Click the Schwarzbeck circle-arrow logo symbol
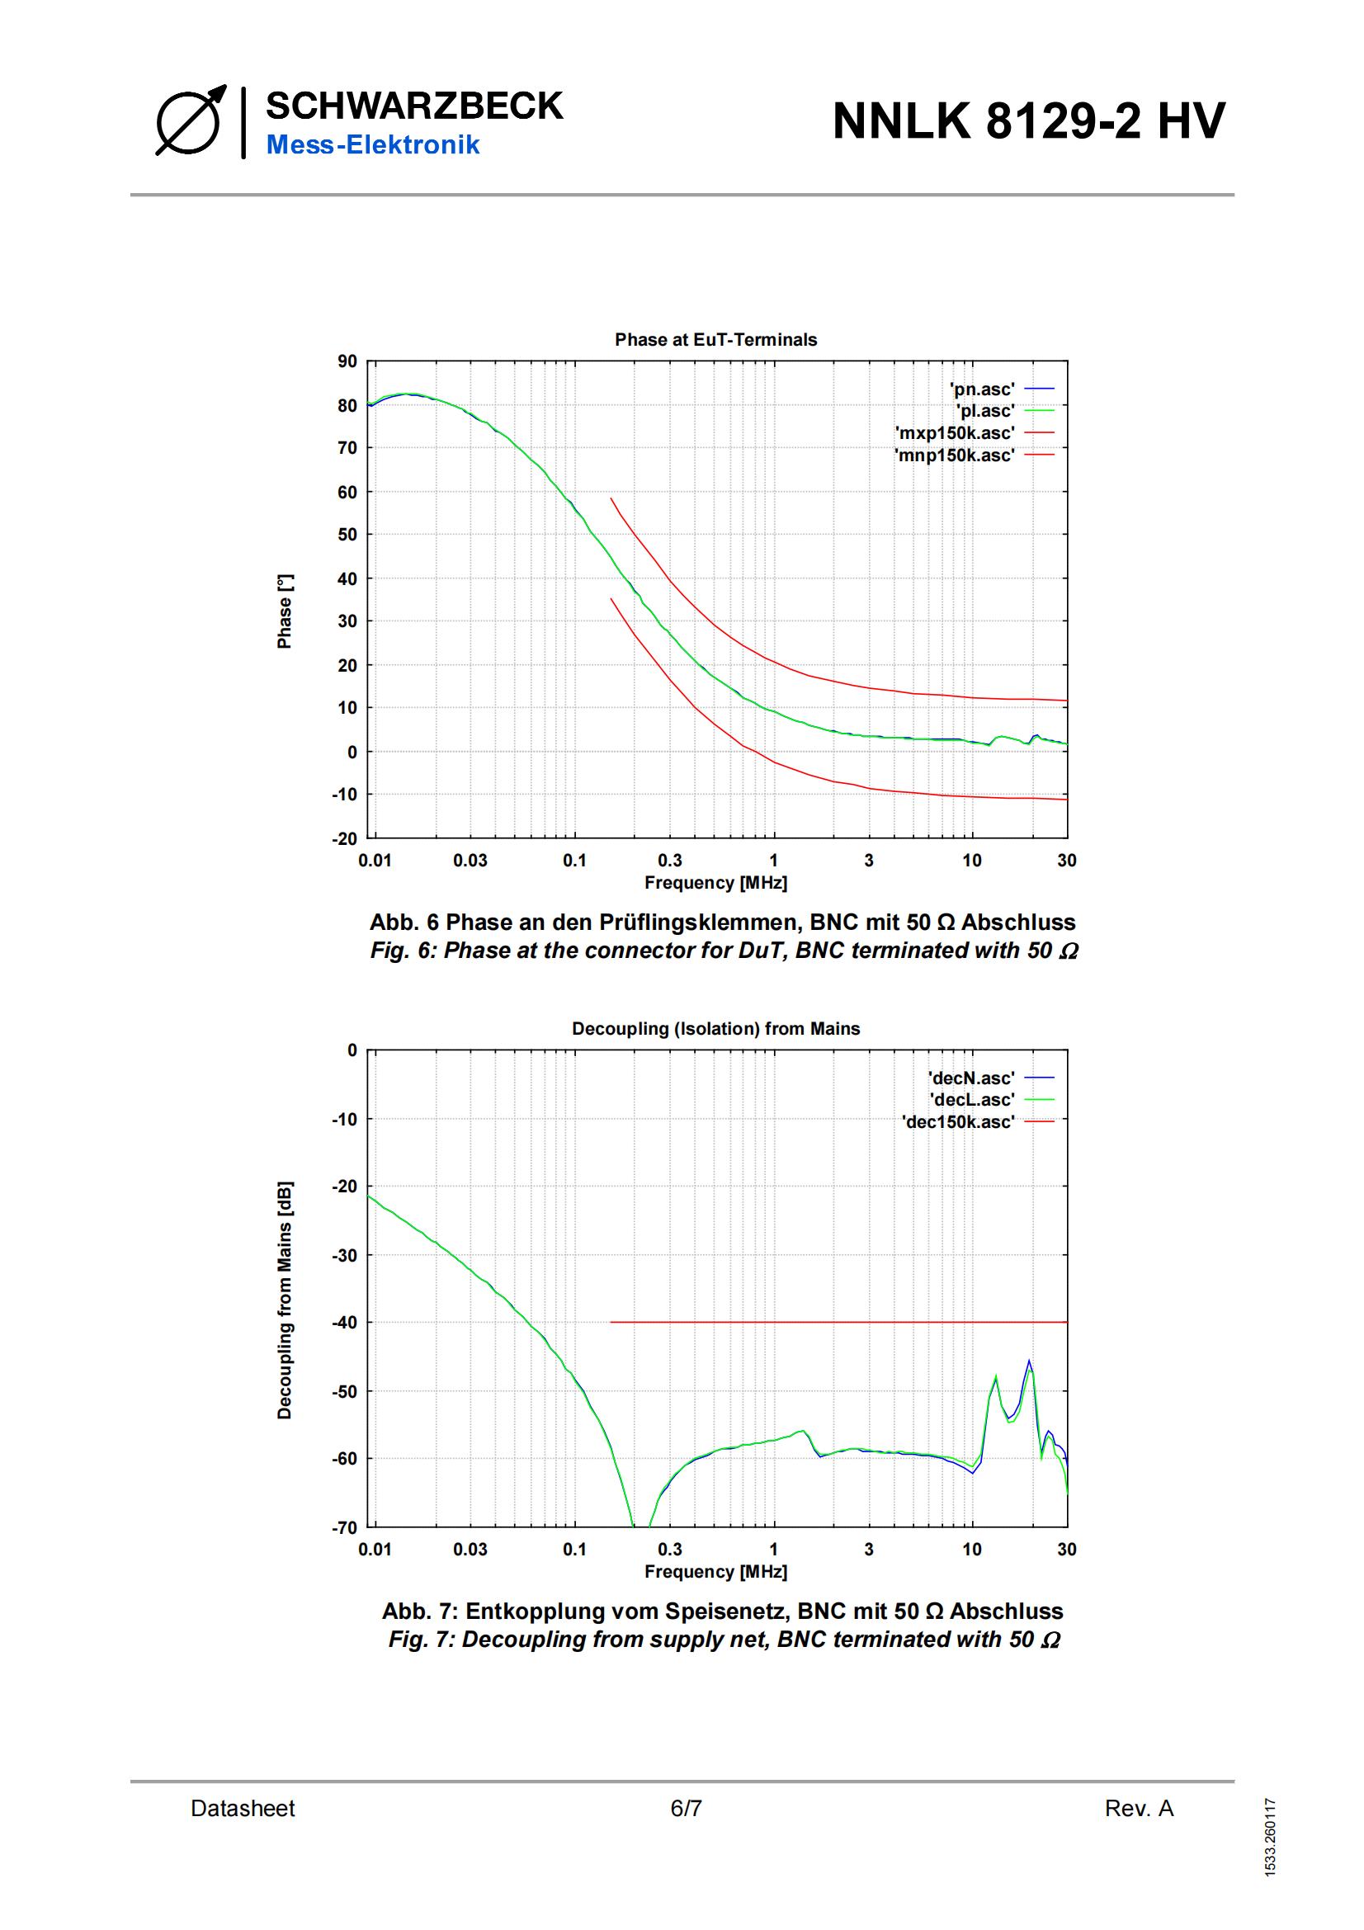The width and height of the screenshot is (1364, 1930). coord(190,122)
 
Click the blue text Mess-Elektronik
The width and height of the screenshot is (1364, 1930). coord(372,144)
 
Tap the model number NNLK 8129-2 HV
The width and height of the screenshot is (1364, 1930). coord(1028,120)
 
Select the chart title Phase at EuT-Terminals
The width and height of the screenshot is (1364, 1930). coord(715,340)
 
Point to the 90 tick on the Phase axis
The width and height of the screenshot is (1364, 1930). coord(347,361)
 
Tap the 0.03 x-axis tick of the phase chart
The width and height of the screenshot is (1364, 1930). coord(470,860)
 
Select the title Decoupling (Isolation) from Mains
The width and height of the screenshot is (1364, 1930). coord(715,1028)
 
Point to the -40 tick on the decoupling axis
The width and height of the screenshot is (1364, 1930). coord(344,1322)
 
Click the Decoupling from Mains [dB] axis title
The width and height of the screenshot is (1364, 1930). coord(285,1301)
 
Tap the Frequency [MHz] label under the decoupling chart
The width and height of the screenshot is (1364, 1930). coord(715,1571)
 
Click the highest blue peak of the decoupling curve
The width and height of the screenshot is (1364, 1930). coord(1029,1361)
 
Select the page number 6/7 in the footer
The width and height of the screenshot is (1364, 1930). coord(686,1808)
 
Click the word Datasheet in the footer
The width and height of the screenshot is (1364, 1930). coord(242,1808)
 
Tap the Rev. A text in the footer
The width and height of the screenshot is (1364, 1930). coord(1139,1808)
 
